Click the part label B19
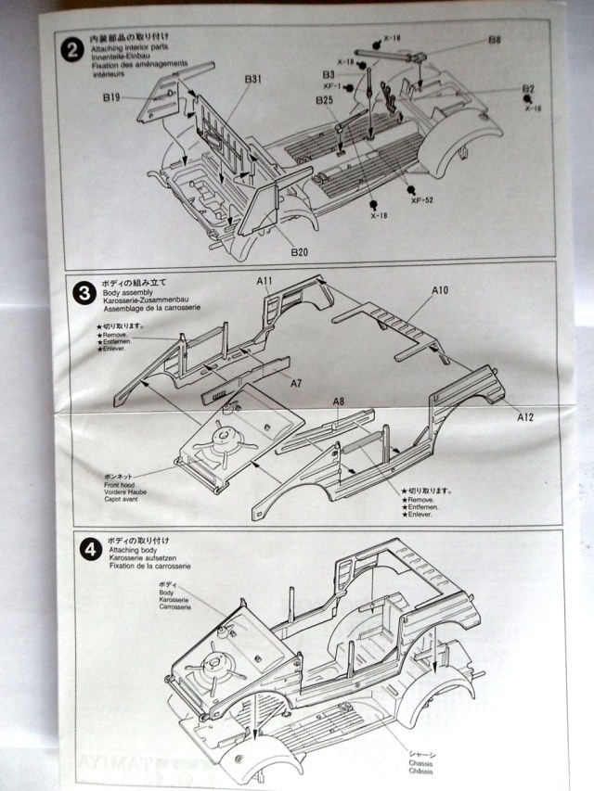point(113,96)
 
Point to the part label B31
point(252,80)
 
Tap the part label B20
point(298,252)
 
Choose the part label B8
point(495,40)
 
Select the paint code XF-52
point(422,199)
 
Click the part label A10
point(439,290)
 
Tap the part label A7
point(296,382)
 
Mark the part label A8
point(339,402)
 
